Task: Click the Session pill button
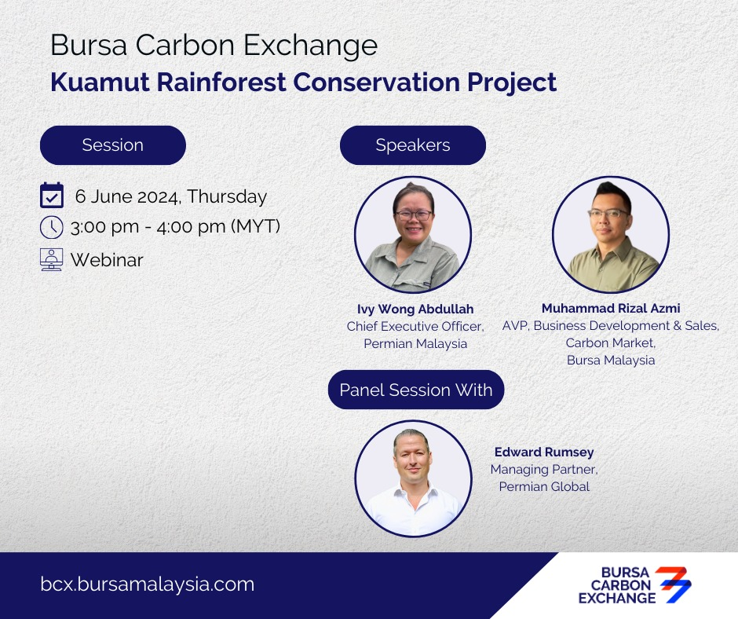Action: [113, 145]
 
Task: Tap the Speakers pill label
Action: [413, 145]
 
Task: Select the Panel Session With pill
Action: [416, 390]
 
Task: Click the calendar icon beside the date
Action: [52, 195]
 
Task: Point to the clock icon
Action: [51, 227]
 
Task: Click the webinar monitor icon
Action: [51, 259]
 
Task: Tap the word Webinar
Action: [107, 260]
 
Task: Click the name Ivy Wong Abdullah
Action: [415, 309]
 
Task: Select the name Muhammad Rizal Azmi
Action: [611, 308]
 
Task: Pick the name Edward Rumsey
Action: [544, 452]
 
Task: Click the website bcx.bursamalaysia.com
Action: [148, 584]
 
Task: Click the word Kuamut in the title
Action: [100, 82]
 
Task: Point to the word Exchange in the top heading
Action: [311, 46]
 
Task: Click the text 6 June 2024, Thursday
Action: [171, 196]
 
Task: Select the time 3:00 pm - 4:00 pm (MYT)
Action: [176, 226]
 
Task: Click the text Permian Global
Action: [544, 486]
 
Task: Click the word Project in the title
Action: [512, 83]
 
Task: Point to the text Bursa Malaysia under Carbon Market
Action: [611, 360]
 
